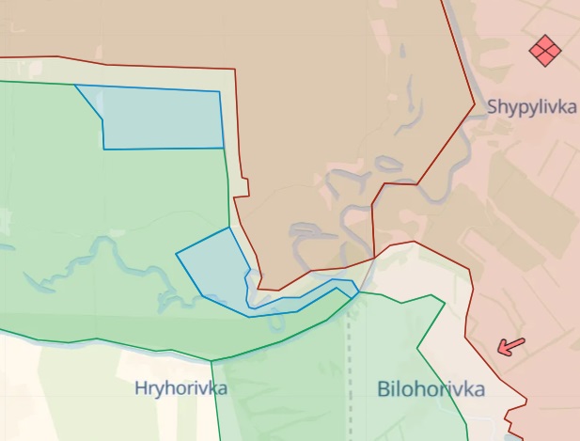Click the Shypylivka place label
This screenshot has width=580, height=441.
click(532, 107)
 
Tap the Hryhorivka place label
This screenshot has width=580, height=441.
click(180, 387)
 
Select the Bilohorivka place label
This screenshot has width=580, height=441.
click(431, 389)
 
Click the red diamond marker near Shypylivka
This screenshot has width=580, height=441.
click(544, 51)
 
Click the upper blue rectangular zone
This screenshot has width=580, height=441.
click(162, 118)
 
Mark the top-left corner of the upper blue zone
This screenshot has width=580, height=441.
click(76, 86)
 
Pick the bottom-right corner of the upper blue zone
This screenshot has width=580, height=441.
click(224, 148)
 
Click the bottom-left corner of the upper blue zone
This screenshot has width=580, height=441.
click(104, 149)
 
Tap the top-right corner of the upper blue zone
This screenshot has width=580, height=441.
click(220, 92)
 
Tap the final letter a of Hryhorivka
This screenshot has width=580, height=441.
click(222, 387)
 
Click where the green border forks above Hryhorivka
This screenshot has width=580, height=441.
click(212, 361)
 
